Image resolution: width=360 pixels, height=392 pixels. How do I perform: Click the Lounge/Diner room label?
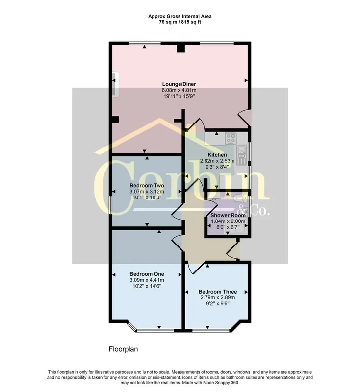(x=179, y=84)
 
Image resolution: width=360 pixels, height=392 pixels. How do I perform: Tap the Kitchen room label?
(x=217, y=155)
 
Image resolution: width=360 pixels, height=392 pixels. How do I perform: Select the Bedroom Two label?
(x=147, y=186)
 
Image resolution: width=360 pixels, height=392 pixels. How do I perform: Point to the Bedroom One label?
(x=147, y=274)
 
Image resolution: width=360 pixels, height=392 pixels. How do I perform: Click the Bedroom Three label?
(x=218, y=292)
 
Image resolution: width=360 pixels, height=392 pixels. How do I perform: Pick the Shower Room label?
(x=228, y=215)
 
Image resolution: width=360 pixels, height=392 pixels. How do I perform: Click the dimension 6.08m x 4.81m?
(x=179, y=90)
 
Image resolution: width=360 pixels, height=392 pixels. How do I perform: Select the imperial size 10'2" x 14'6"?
(x=147, y=286)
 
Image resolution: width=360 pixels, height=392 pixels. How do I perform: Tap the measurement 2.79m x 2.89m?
(x=218, y=297)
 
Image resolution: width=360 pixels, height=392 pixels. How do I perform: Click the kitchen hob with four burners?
(x=231, y=139)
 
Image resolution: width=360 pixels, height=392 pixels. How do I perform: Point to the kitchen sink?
(x=241, y=155)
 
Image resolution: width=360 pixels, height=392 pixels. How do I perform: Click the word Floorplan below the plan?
(x=123, y=349)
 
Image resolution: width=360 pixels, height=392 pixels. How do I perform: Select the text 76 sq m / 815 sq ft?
(x=180, y=22)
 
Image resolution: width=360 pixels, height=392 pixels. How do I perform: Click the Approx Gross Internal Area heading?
(x=180, y=16)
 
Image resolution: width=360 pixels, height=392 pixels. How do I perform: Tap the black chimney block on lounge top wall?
(x=180, y=48)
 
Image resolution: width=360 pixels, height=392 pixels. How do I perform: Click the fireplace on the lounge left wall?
(x=115, y=84)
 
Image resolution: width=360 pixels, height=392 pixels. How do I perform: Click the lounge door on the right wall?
(x=244, y=118)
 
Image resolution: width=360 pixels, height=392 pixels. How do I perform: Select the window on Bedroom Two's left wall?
(x=110, y=205)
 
